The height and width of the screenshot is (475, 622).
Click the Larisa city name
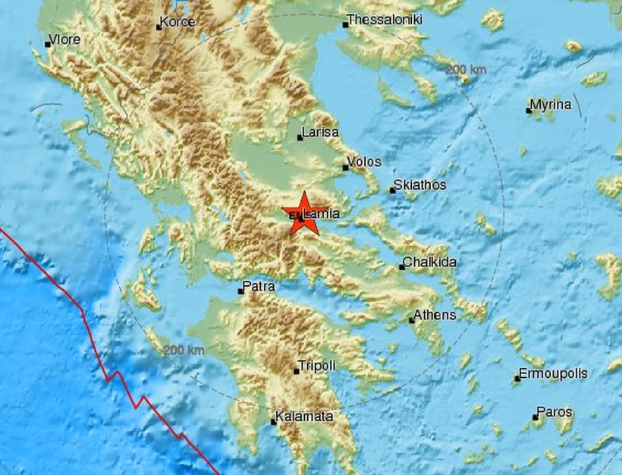pos(320,133)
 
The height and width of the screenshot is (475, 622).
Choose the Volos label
pos(364,162)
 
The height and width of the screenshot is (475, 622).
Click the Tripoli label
pos(317,366)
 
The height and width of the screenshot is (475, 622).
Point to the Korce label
pos(180,24)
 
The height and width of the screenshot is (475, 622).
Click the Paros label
pos(554,413)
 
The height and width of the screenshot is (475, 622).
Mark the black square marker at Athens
pos(413,319)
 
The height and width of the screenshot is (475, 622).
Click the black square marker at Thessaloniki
pos(345,24)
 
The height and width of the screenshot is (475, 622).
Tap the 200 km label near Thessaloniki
pos(466,70)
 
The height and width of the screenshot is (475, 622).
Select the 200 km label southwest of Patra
pos(183,350)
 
